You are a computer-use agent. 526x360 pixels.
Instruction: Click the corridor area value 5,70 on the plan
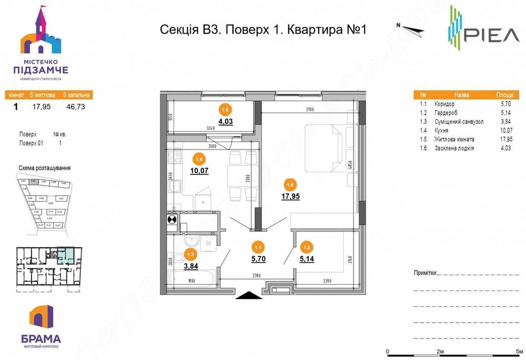click(258, 259)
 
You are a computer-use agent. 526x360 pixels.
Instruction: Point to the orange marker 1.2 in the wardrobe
click(306, 245)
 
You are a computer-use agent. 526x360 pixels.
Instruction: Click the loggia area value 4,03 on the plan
click(226, 122)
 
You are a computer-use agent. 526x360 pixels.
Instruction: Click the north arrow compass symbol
click(410, 28)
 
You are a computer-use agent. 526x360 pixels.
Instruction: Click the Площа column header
click(504, 96)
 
